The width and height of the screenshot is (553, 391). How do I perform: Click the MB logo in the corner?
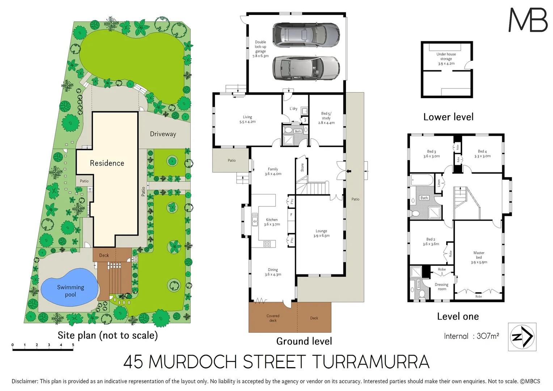tap(528, 20)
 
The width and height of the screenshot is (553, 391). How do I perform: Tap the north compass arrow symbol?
tap(522, 337)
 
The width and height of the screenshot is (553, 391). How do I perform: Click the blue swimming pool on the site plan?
tap(69, 287)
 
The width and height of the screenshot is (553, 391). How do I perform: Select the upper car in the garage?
tap(306, 35)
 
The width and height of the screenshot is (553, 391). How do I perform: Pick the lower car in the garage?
tap(306, 68)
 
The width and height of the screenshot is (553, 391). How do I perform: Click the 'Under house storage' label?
tap(446, 59)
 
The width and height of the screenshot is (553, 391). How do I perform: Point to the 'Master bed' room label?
tap(479, 257)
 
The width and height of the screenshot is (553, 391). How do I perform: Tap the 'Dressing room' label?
tap(442, 287)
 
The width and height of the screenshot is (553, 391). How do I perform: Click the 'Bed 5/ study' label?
tap(326, 118)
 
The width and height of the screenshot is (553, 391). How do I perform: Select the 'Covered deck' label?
tap(273, 318)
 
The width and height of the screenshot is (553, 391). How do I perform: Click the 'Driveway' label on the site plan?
tap(163, 134)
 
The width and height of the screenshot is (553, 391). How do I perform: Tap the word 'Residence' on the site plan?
tap(107, 163)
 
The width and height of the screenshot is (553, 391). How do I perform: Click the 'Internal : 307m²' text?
tap(471, 336)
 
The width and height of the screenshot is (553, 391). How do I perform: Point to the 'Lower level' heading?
tap(448, 117)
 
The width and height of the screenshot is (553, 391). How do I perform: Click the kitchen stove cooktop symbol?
tap(267, 244)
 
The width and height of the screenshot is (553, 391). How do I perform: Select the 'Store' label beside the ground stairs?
tap(302, 168)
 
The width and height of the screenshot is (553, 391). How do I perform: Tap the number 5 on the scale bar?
tap(73, 345)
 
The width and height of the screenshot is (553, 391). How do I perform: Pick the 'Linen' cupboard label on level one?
tap(439, 183)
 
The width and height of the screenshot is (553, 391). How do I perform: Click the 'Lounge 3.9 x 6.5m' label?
tap(321, 233)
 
